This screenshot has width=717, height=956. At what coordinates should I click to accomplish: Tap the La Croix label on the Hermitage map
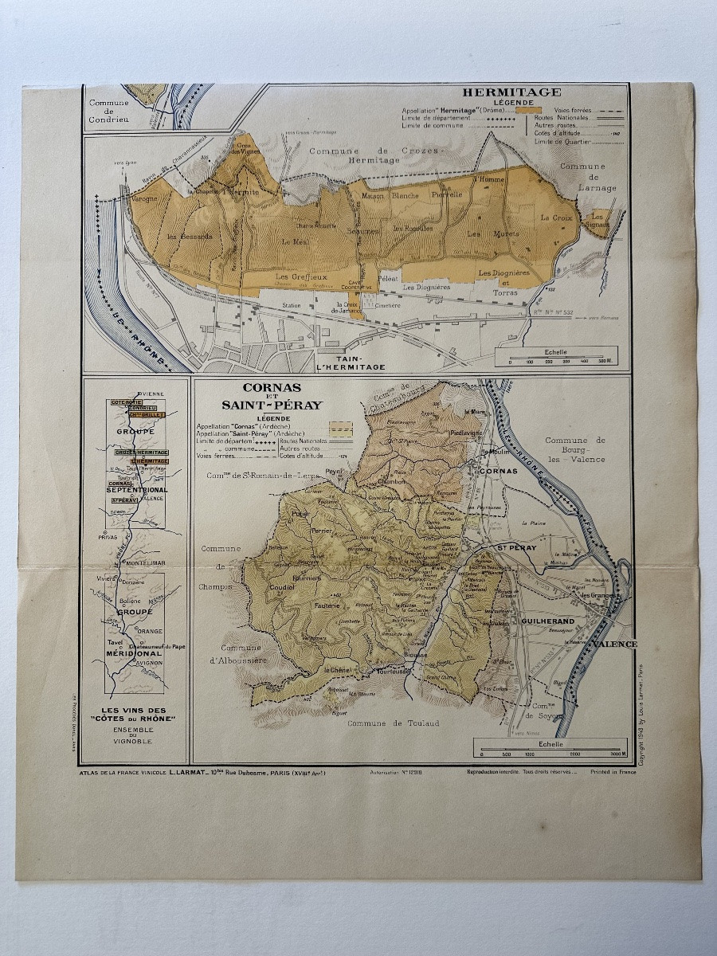coord(557,217)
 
